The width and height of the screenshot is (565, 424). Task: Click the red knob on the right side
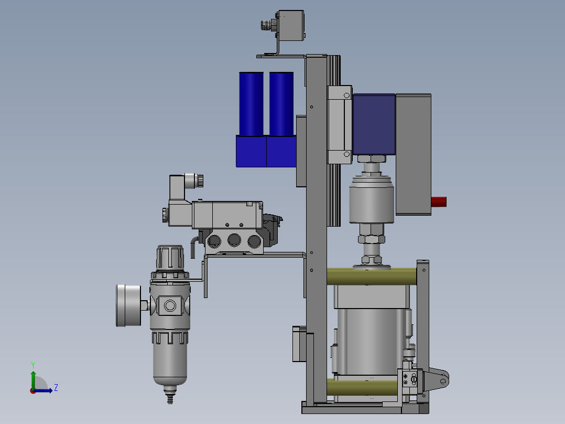pos(439,202)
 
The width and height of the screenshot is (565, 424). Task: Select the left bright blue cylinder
pos(251,104)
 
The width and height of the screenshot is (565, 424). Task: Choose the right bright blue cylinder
pos(281,104)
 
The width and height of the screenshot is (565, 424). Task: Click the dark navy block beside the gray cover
pos(374,124)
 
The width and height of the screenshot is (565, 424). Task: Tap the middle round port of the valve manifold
pos(234,241)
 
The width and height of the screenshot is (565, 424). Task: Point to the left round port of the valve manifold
pos(214,241)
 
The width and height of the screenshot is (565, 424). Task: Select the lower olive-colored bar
pos(367,388)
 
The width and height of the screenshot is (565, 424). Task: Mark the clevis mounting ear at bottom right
pos(438,377)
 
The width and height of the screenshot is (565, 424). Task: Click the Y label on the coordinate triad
pos(32,364)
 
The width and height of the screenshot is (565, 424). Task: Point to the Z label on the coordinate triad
pos(56,388)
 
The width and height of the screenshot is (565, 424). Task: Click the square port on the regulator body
pos(170,305)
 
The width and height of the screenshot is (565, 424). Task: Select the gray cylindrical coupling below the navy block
pos(372,199)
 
